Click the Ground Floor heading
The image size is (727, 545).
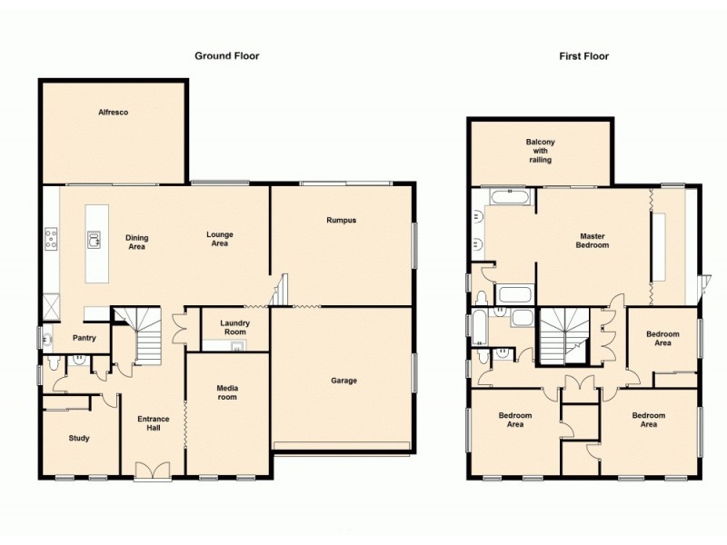pos(226,55)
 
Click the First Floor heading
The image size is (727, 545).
pos(583,55)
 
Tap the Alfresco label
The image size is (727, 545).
pos(113,112)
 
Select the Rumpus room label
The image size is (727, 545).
pos(342,220)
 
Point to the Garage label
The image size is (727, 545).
pos(344,381)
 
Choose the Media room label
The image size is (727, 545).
pos(226,391)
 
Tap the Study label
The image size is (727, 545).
pos(79,439)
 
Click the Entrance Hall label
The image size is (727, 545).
pos(153,424)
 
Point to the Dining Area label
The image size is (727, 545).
pos(136,242)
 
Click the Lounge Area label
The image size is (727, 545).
pos(219,239)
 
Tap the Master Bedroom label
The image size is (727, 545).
pos(593,241)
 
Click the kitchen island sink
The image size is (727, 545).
pos(93,240)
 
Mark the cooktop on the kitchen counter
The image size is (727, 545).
pos(52,240)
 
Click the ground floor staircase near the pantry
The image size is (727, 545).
pos(138,334)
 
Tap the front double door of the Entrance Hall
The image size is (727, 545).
pos(152,470)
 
